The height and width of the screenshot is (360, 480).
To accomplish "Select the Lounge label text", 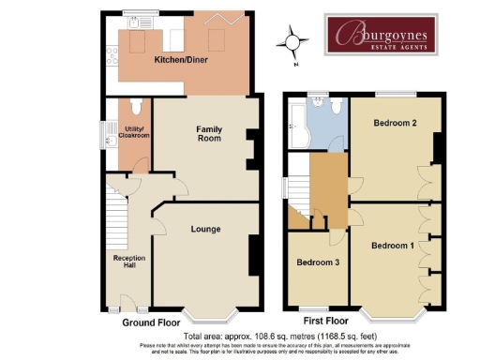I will click(205, 228).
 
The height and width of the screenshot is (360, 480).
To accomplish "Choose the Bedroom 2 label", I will click(395, 123).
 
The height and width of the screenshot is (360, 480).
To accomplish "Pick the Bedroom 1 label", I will click(391, 246).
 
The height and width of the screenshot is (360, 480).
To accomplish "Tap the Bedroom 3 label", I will click(318, 262).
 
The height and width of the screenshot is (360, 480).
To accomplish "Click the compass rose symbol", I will click(293, 42).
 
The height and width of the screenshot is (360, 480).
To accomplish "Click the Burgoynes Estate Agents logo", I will click(381, 35).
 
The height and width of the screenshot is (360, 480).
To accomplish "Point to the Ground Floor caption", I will click(151, 322).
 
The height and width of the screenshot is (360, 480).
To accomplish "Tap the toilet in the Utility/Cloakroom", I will click(136, 107).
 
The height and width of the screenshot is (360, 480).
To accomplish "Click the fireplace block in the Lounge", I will click(253, 253).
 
